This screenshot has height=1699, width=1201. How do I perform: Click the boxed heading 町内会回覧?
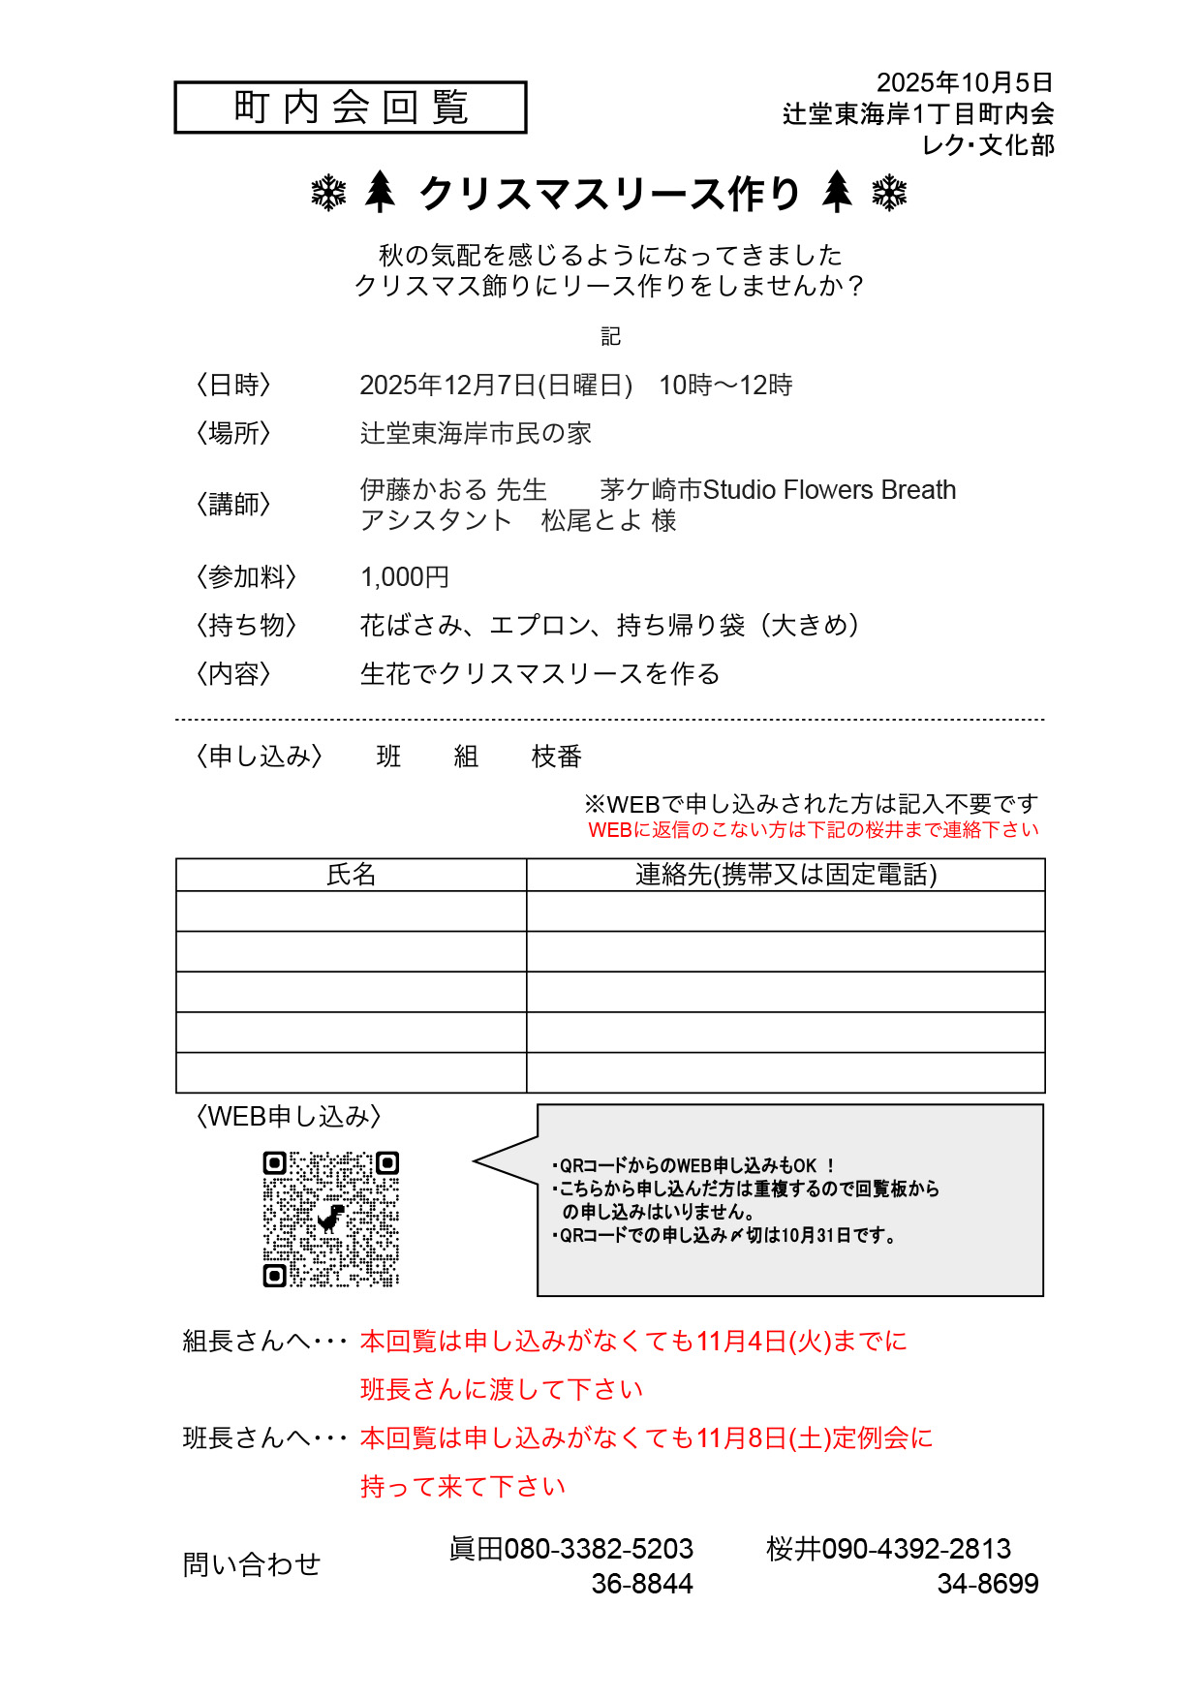pyautogui.click(x=351, y=107)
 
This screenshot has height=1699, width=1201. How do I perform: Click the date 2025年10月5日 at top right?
pyautogui.click(x=964, y=82)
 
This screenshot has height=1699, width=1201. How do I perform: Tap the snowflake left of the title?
pyautogui.click(x=328, y=193)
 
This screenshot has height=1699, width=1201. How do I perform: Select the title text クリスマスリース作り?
pyautogui.click(x=609, y=194)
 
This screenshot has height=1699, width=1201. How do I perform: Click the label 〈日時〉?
pyautogui.click(x=233, y=385)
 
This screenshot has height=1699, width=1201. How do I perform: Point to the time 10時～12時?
pyautogui.click(x=725, y=385)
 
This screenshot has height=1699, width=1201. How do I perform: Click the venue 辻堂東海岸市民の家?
pyautogui.click(x=476, y=433)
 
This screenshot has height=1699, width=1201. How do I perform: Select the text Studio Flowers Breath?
pyautogui.click(x=829, y=490)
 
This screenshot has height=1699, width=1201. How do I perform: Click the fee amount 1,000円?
pyautogui.click(x=405, y=577)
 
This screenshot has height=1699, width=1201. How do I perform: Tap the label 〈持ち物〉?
pyautogui.click(x=246, y=625)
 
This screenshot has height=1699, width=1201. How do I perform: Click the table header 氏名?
pyautogui.click(x=351, y=875)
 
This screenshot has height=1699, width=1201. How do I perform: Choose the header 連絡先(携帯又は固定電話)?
pyautogui.click(x=785, y=875)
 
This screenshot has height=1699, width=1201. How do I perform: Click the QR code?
pyautogui.click(x=331, y=1219)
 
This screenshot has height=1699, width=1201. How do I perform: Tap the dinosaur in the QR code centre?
pyautogui.click(x=331, y=1218)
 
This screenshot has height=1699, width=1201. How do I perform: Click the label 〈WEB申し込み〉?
pyautogui.click(x=288, y=1117)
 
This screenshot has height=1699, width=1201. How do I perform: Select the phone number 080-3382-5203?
pyautogui.click(x=599, y=1549)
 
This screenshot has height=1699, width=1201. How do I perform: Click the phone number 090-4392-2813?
pyautogui.click(x=916, y=1549)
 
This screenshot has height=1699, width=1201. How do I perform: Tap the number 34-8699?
pyautogui.click(x=987, y=1584)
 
